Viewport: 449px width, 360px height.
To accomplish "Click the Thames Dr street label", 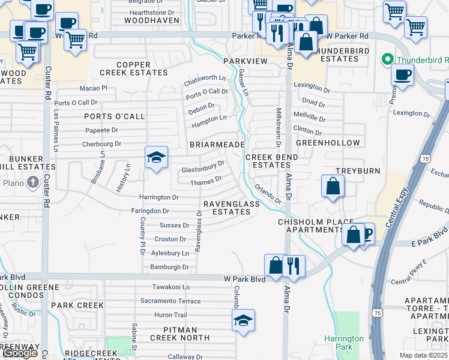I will click(206, 180).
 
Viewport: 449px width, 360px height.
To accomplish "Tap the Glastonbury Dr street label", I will click(203, 167).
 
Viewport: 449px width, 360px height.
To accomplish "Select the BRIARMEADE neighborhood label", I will click(217, 145).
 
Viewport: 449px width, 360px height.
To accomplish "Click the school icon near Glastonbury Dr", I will click(156, 158).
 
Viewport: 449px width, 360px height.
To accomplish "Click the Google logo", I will click(20, 353).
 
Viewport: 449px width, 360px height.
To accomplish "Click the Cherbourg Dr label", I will click(101, 144).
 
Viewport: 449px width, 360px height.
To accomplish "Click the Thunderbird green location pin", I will click(387, 60).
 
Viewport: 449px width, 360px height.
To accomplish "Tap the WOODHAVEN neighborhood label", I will click(152, 20).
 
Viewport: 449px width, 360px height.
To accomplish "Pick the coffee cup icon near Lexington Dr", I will click(402, 74).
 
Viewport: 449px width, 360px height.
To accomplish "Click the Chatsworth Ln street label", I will click(205, 79).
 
